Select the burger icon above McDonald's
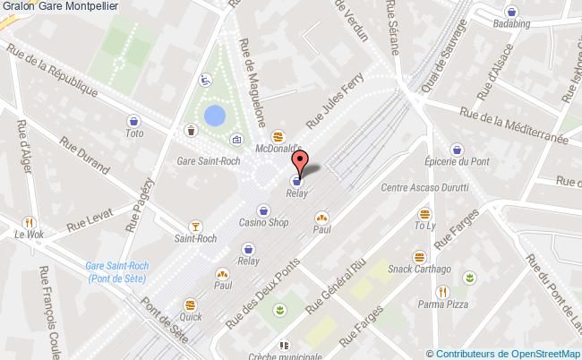coord(278,136)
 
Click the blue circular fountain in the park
coord(215,116)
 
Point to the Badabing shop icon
coord(510,13)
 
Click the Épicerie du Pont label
coord(458,162)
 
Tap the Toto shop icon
coord(134,121)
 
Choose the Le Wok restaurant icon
coord(30,222)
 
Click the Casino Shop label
coord(263,223)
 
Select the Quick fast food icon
coord(189,302)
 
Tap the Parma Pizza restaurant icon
coord(441,291)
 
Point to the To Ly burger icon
coord(424,214)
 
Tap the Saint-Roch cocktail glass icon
coord(195,226)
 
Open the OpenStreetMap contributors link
coord(507,353)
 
